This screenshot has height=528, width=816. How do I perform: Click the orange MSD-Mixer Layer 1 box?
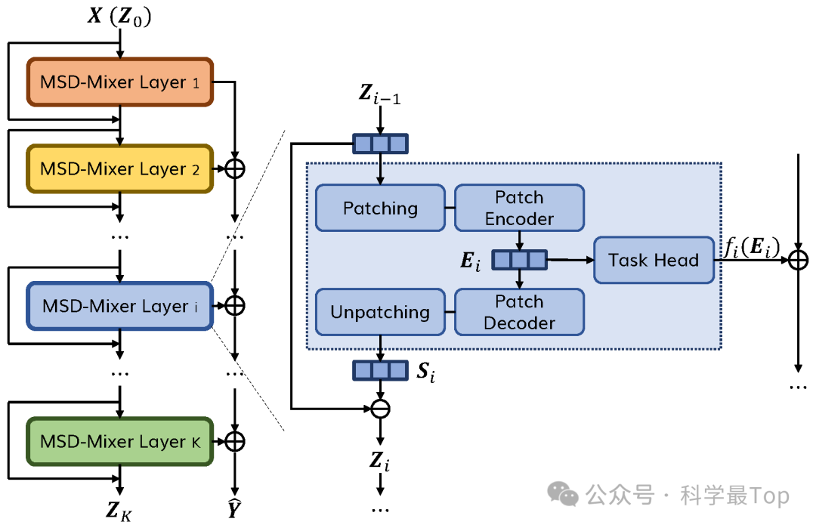(x=120, y=82)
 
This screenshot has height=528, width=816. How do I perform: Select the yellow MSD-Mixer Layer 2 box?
(x=120, y=169)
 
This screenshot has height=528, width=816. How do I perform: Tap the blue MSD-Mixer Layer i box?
(x=119, y=306)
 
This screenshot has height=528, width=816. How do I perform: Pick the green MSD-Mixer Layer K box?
(x=120, y=441)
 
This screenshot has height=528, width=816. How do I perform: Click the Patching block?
(x=380, y=208)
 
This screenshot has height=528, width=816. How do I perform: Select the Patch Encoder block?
(x=519, y=208)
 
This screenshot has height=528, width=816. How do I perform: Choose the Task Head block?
(x=654, y=261)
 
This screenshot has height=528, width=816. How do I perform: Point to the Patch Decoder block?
(x=519, y=312)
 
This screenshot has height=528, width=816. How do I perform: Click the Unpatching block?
(x=380, y=312)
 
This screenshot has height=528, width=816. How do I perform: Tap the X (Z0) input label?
(x=119, y=17)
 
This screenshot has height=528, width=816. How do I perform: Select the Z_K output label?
(x=120, y=513)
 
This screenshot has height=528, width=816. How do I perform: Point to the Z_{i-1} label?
(x=380, y=96)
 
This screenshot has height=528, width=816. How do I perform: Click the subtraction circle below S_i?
(x=380, y=409)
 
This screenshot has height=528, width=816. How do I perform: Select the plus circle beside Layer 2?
(x=236, y=169)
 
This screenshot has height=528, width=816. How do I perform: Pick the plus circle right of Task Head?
(x=798, y=261)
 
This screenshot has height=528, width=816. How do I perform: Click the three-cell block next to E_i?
(x=519, y=261)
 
